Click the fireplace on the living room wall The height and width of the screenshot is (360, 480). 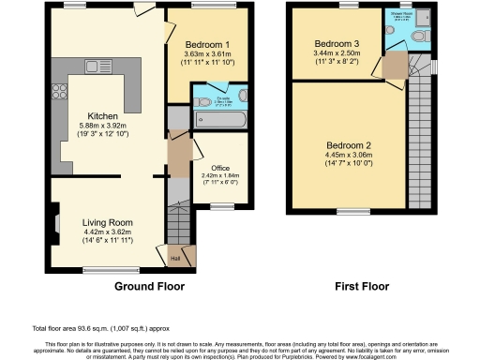click(57, 224)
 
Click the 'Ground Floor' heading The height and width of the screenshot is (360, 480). click(148, 286)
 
